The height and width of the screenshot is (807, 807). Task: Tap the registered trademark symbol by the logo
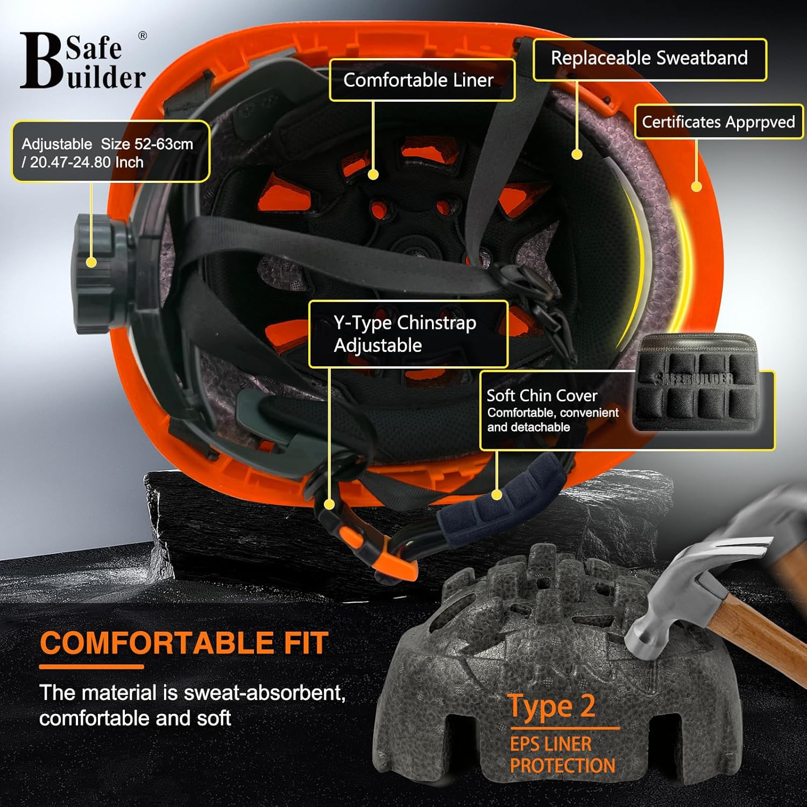(143, 36)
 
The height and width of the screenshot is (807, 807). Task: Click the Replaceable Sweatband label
(649, 58)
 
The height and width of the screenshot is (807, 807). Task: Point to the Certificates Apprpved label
(718, 122)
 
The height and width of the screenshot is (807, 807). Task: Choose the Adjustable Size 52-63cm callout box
(110, 152)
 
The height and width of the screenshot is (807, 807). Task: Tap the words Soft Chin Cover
(542, 395)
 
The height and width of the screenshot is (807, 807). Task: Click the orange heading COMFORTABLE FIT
(184, 643)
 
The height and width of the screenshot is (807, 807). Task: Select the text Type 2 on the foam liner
(551, 706)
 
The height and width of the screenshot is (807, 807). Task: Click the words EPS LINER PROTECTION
(562, 754)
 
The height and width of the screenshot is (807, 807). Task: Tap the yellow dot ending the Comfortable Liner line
(373, 174)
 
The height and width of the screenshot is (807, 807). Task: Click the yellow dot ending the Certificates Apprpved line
(696, 187)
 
